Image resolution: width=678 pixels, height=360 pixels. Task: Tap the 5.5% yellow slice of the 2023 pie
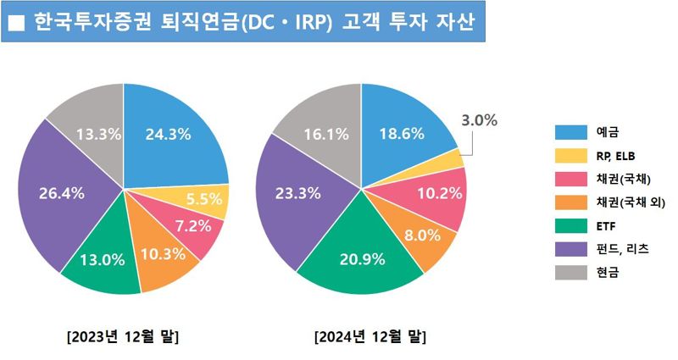[x=203, y=200]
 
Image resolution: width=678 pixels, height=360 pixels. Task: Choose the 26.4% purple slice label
[x=62, y=193]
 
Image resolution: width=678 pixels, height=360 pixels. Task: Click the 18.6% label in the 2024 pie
[x=401, y=133]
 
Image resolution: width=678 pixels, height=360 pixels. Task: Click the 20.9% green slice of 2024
[x=361, y=259]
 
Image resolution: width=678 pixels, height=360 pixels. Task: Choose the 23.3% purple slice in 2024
[x=297, y=193]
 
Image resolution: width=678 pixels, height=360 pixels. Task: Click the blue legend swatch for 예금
[x=570, y=132]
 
